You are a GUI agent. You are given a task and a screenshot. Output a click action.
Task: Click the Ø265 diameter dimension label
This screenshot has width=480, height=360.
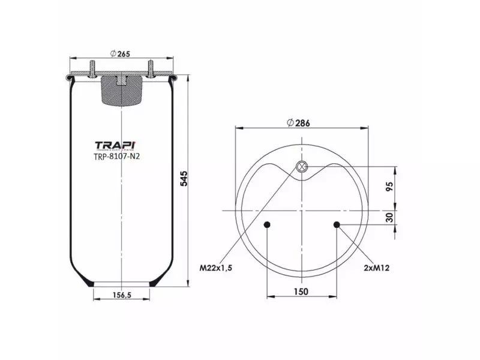(x=121, y=54)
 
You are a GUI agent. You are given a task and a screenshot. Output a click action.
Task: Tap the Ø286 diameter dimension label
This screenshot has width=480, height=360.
(x=298, y=123)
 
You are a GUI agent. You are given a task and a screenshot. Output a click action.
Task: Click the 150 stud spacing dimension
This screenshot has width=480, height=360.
(x=301, y=292)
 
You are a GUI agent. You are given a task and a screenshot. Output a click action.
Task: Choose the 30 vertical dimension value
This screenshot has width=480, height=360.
(x=389, y=217)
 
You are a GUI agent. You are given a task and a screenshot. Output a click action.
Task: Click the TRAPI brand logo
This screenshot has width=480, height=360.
(x=115, y=145)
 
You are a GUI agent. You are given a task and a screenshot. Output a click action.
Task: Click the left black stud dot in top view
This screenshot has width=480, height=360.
(x=267, y=225)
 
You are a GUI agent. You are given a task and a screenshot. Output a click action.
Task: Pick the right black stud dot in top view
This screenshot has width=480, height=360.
(x=337, y=225)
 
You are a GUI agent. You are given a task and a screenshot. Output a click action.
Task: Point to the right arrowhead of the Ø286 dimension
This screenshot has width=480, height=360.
(x=366, y=128)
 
